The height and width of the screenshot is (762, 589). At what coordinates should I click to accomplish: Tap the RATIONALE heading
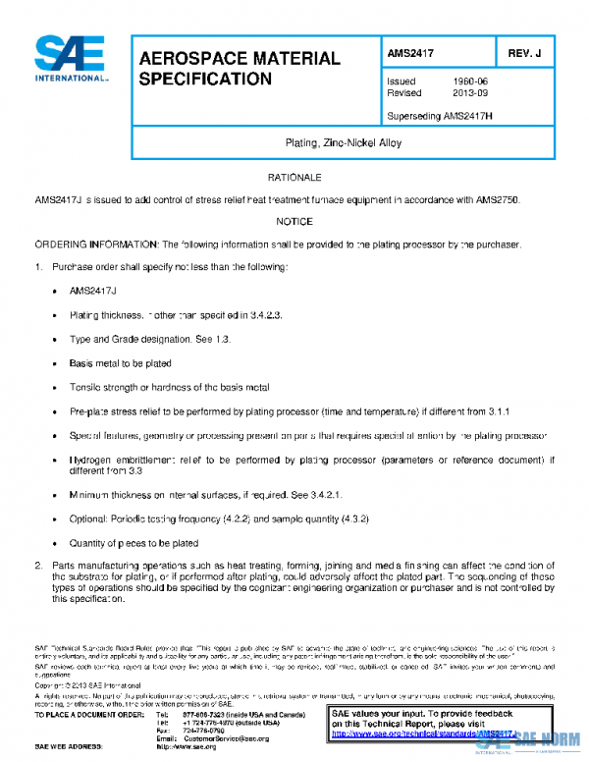294,177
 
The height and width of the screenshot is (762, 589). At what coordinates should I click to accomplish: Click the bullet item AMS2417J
93,292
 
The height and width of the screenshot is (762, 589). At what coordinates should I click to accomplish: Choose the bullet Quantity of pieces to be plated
134,543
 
